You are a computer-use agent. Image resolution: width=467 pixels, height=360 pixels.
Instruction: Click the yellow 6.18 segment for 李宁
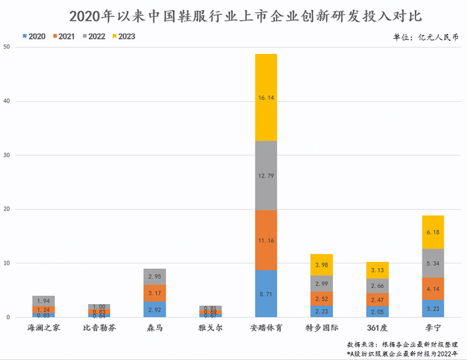pos(432,232)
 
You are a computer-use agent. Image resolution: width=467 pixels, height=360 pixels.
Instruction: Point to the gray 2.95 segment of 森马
pos(154,277)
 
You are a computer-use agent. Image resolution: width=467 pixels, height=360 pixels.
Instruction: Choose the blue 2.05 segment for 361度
pos(377,311)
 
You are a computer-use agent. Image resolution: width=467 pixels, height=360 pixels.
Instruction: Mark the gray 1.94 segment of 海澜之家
pos(43,301)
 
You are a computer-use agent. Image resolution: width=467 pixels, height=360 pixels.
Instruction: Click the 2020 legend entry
pos(34,37)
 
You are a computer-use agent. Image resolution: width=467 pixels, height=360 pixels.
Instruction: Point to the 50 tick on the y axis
pos(6,47)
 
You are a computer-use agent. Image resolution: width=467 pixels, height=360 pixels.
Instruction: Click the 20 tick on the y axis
pos(6,209)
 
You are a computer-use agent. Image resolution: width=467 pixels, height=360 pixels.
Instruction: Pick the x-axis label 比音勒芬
pos(99,328)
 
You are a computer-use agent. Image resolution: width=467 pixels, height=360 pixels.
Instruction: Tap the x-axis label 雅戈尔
pos(210,328)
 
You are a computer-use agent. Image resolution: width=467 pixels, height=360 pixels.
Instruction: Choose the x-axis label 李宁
pos(432,328)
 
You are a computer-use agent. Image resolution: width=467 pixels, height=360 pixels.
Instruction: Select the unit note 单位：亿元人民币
pos(426,37)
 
